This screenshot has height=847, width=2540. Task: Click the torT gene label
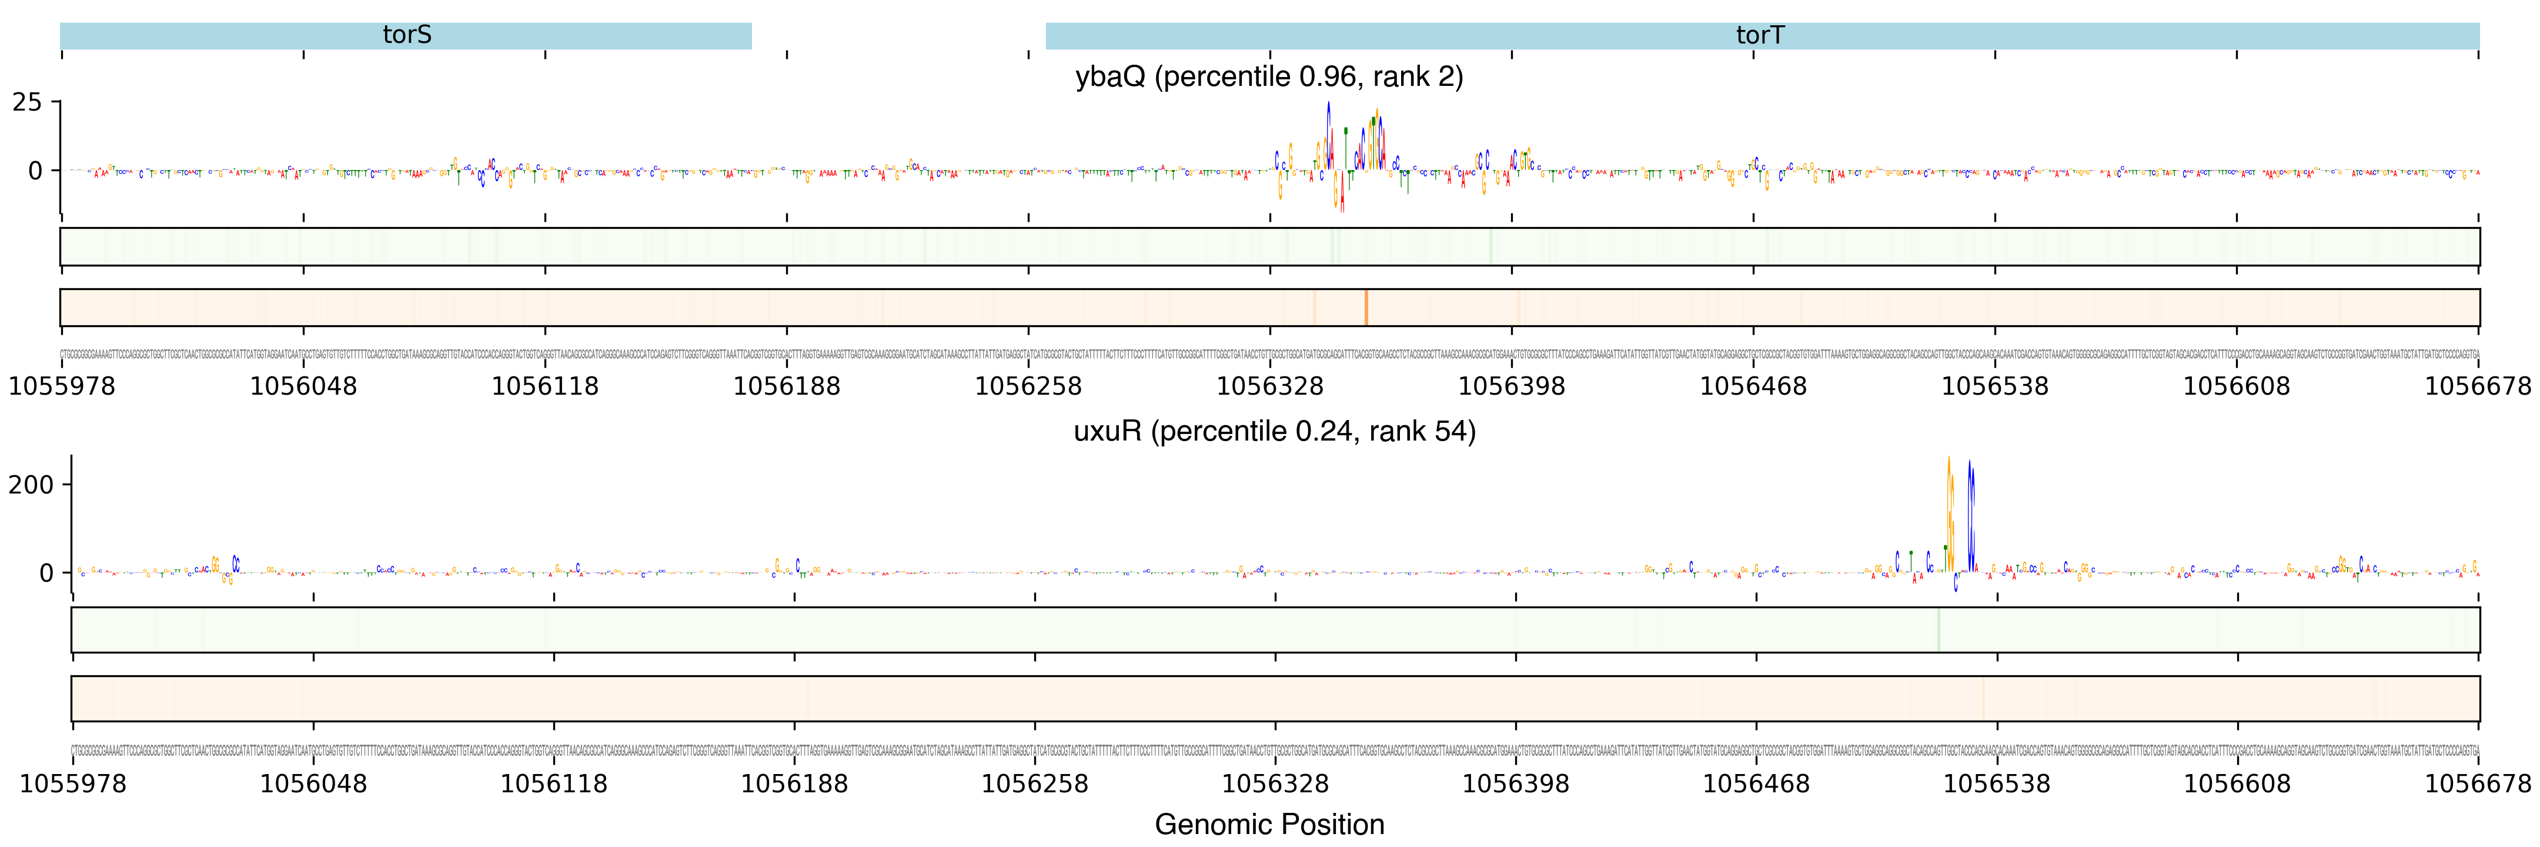coord(1760,35)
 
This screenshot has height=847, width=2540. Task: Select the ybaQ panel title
coord(1269,77)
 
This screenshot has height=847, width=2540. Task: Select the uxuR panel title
coord(1274,431)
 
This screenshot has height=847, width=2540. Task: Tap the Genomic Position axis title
coord(1269,824)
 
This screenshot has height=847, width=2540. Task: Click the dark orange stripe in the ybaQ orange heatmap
coord(1366,308)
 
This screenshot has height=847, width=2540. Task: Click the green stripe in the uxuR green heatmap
coord(1939,629)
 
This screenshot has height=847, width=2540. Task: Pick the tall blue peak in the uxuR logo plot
coord(1970,513)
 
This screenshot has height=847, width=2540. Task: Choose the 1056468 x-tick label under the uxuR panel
coord(1756,784)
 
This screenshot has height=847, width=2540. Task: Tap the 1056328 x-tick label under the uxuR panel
coord(1275,784)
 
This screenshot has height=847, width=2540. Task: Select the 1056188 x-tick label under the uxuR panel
coord(794,784)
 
